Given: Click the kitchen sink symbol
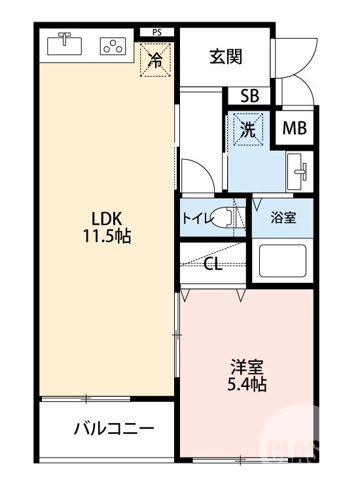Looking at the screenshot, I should point(64,45).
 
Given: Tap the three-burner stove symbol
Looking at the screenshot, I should point(113,46).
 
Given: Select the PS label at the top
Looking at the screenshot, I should point(156,31).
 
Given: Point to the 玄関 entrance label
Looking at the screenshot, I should point(226,57).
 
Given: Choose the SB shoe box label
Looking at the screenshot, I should point(249,96).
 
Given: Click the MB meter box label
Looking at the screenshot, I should point(295,129).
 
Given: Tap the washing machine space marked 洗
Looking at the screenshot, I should point(248,129).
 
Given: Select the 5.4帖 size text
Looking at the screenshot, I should point(247,384).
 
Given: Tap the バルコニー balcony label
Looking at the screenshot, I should point(114,429).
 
